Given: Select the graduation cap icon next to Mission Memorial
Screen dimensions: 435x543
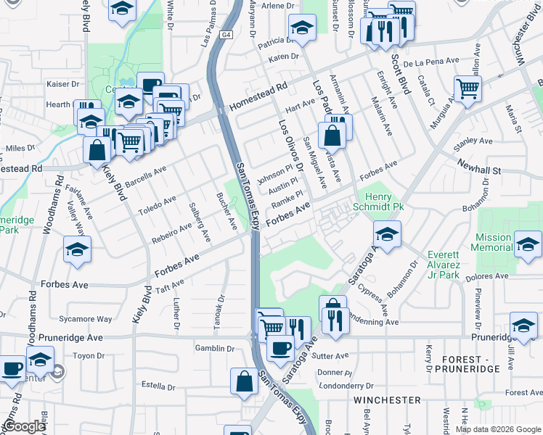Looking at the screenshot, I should coord(528,244).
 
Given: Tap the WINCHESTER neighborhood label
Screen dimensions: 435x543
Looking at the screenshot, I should coord(387,400).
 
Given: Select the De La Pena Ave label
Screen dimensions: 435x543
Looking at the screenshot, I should coord(431,62).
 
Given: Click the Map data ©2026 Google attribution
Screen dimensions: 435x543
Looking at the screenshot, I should coord(498,429).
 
